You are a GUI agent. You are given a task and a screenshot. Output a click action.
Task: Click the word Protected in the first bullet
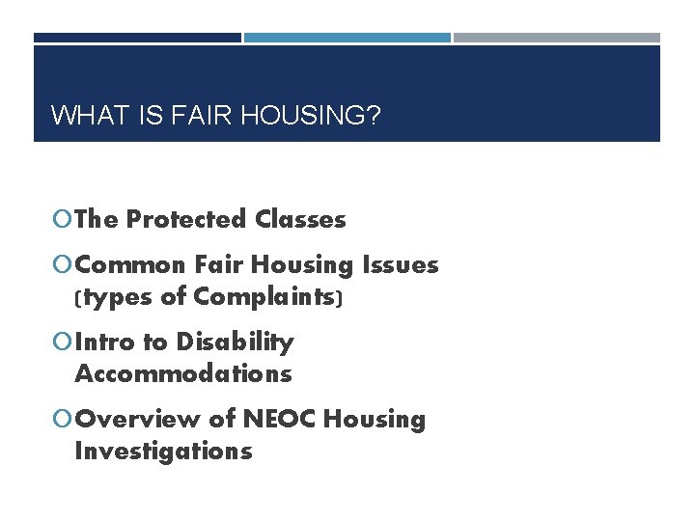tap(187, 220)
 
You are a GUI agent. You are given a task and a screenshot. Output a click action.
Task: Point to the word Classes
tap(300, 220)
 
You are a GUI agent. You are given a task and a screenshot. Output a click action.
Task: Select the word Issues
tap(401, 264)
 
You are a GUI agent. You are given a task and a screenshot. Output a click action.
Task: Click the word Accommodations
tap(182, 373)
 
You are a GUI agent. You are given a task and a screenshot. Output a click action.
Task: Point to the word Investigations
tap(163, 451)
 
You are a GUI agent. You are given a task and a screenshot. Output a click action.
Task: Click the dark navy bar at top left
tap(137, 38)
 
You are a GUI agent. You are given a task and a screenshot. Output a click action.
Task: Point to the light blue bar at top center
tap(347, 38)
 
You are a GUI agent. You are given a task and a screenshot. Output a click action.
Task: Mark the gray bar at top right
tap(557, 38)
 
